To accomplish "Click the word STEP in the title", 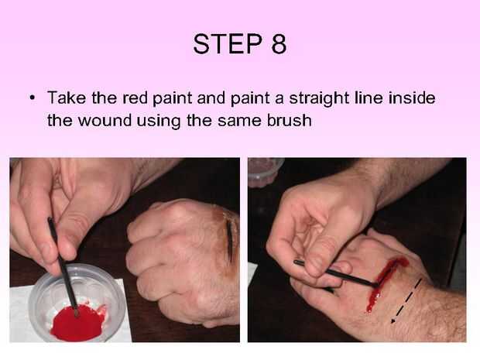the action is tap(228, 44).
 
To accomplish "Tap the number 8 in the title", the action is tap(279, 44).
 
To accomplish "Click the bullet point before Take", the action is tap(32, 98).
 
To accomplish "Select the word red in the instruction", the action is tap(135, 98).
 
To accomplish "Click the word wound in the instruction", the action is tap(105, 120).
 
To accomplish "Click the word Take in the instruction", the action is tap(67, 98).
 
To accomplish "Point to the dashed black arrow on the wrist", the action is tap(406, 300).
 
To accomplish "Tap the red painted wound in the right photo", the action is tap(385, 283).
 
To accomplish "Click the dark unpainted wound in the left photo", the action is tap(229, 241).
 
